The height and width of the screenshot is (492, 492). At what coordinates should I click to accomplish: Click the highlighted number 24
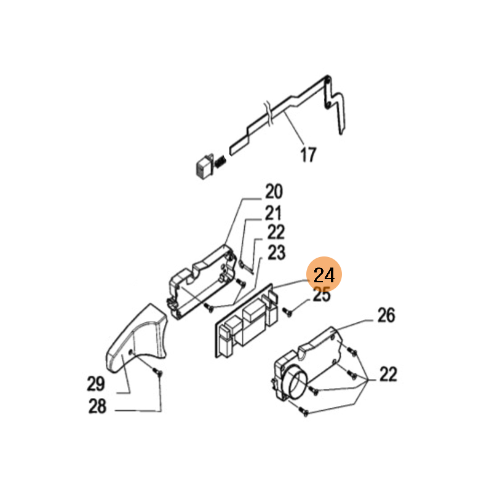pos(324,274)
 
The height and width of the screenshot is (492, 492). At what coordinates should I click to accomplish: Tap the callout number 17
pos(308,155)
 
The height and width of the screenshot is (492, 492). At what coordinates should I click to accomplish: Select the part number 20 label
pos(274,191)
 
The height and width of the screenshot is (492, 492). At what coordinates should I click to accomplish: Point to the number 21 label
pos(273,213)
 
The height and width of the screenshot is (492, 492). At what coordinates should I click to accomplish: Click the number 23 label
pos(276,253)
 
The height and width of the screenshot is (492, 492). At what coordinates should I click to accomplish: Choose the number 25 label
pos(322,295)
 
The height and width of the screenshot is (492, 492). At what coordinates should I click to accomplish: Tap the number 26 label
pos(386,315)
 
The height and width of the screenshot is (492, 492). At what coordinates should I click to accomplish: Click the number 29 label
pos(96,384)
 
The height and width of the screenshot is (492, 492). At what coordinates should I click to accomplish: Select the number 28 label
pos(97,407)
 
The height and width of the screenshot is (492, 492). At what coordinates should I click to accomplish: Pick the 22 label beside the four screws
pos(389,374)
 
